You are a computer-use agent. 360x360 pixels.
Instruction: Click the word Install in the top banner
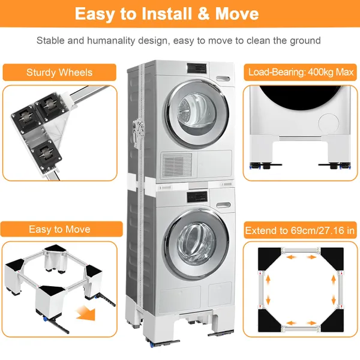[167, 14]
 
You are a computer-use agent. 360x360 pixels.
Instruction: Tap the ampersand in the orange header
[203, 14]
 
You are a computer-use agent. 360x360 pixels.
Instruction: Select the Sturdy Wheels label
[59, 73]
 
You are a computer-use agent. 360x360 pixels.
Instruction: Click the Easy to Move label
[59, 229]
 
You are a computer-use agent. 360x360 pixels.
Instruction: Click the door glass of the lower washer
[197, 244]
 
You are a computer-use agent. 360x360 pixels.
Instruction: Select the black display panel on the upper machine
[197, 68]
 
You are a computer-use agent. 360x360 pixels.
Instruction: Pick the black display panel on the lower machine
[197, 197]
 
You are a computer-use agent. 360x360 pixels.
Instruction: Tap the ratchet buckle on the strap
[138, 134]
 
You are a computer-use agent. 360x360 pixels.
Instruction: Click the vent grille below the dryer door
[177, 164]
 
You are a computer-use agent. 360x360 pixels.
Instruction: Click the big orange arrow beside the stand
[85, 313]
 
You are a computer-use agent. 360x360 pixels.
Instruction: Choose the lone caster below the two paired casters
[46, 154]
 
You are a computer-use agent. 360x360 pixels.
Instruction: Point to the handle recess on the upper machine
[223, 79]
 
